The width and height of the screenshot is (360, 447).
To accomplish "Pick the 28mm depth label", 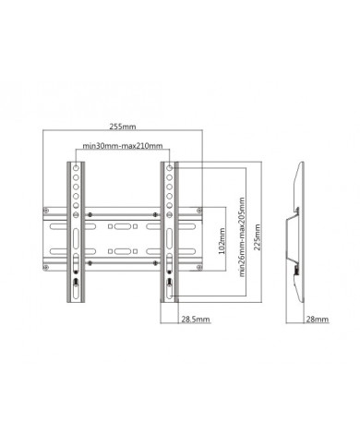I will (317, 320).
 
